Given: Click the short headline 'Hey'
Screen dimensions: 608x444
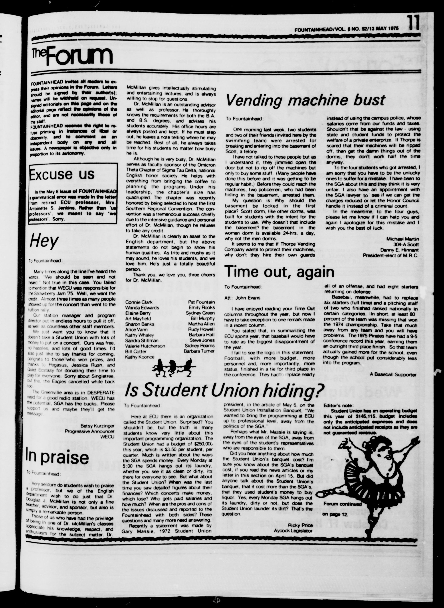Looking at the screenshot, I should tap(44, 241).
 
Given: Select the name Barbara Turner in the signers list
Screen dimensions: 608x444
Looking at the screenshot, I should tap(199, 351).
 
